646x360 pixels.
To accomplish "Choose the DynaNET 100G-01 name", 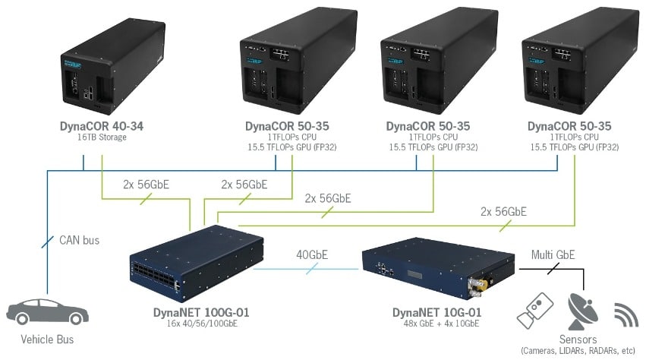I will (x=200, y=312).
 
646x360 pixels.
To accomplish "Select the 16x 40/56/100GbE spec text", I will (x=200, y=324).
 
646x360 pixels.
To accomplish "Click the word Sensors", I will (x=577, y=339).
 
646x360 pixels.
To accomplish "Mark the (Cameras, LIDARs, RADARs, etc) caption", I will (x=577, y=350).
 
